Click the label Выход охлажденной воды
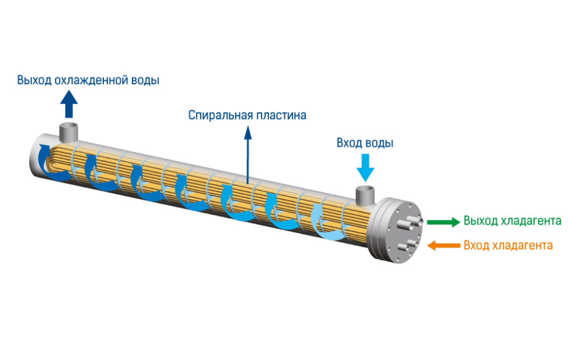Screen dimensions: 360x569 tap(88, 80)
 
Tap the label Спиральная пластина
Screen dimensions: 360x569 tap(247, 115)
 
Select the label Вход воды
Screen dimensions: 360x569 tap(365, 143)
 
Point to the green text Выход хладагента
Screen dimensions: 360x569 tap(512, 221)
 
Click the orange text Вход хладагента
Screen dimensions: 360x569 tap(508, 246)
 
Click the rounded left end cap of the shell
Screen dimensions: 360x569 tap(36, 154)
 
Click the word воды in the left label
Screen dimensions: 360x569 tap(143, 80)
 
